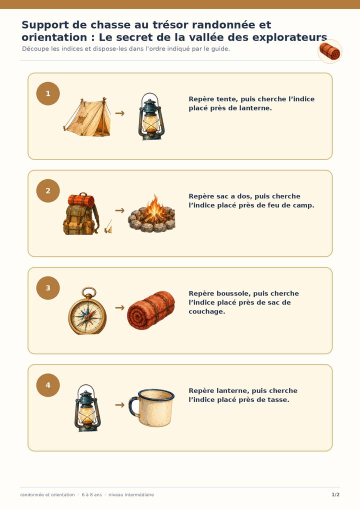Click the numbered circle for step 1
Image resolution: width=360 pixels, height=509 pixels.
point(48,93)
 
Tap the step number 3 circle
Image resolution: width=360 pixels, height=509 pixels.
point(48,288)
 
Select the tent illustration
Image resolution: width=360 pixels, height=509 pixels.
point(87,117)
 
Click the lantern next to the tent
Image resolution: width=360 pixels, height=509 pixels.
point(151,116)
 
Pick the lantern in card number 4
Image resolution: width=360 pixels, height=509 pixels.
point(87,408)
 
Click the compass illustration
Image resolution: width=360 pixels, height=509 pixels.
point(87,310)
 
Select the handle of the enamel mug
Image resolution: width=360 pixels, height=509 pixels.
point(133,406)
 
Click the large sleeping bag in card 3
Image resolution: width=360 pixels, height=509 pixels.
point(151,310)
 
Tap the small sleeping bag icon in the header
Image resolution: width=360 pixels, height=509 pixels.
point(330,51)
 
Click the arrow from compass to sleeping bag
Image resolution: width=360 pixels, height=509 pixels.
point(120,307)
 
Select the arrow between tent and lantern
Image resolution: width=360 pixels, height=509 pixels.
point(120,113)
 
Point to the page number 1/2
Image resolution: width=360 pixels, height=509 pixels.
point(335,494)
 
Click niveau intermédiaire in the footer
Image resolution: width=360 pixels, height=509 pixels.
point(131,494)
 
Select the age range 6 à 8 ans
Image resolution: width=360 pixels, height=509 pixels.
point(92,494)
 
